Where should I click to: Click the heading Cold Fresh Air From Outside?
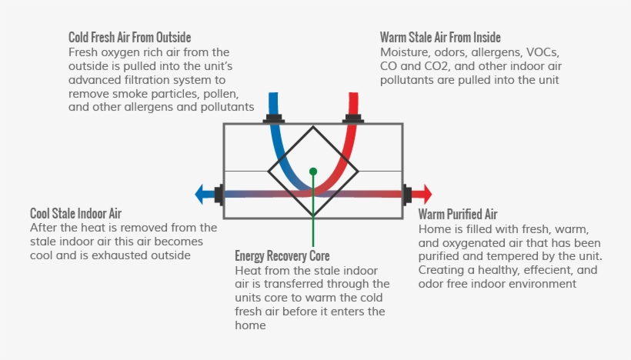click(x=129, y=38)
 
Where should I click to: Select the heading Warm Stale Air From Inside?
click(x=440, y=38)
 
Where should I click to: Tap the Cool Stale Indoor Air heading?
click(x=75, y=213)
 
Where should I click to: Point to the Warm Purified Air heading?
click(x=458, y=214)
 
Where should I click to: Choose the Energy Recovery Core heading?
click(x=282, y=256)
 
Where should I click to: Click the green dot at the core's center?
click(x=313, y=172)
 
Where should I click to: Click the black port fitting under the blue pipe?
click(x=274, y=118)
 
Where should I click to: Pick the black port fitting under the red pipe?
click(x=353, y=118)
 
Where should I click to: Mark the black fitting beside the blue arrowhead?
click(x=219, y=195)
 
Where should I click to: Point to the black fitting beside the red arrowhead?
click(x=407, y=195)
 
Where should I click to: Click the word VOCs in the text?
click(x=543, y=52)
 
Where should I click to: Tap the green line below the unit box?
click(x=313, y=232)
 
